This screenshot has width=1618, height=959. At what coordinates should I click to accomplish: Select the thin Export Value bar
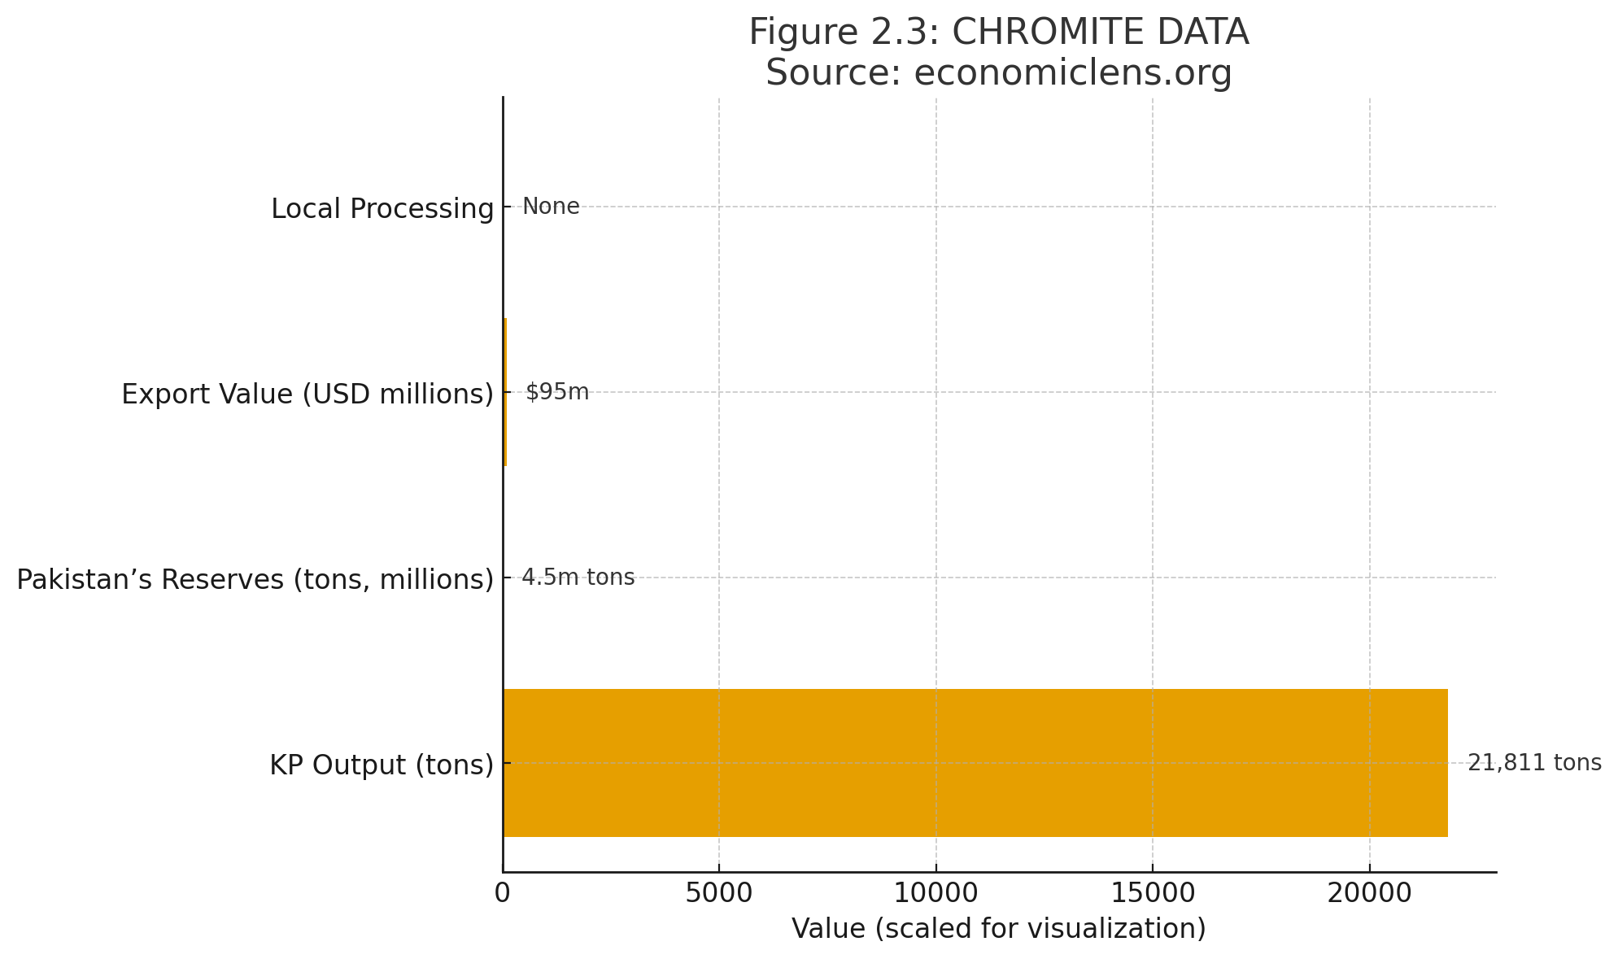coord(505,392)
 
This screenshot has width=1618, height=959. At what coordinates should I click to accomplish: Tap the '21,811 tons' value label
coord(1534,763)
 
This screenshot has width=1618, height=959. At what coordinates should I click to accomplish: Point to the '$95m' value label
coord(557,392)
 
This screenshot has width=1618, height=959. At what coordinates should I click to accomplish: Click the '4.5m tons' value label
coord(578,578)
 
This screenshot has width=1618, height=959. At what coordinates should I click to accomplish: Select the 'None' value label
coord(551,207)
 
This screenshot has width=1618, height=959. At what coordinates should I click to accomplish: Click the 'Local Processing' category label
coord(382,209)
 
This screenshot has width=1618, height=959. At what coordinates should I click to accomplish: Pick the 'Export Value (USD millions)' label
coord(307,394)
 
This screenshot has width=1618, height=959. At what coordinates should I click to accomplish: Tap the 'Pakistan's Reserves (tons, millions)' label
coord(255,580)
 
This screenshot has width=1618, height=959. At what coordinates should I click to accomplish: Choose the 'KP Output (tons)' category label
coord(382,765)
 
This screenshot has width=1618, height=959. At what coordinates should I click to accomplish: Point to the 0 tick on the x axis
coord(503,893)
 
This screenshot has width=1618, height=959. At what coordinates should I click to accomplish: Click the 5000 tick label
coord(719,893)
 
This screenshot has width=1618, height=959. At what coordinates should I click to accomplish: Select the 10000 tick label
coord(936,893)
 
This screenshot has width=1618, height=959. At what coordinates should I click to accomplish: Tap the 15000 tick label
coord(1153,893)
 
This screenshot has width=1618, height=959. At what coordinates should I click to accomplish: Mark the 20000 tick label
coord(1370,893)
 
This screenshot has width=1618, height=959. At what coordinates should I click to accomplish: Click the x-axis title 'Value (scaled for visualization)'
coord(999,929)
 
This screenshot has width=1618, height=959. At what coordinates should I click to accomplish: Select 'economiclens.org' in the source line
coord(1073,73)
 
